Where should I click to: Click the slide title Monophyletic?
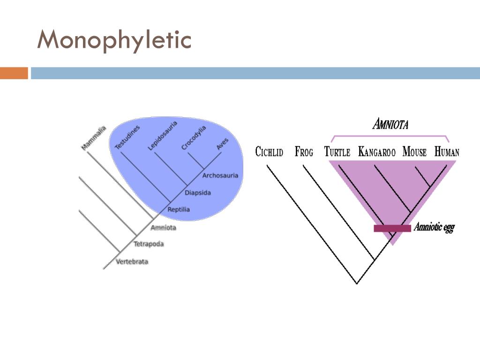tap(114, 40)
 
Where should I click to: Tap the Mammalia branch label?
tap(94, 138)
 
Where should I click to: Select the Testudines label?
tap(127, 137)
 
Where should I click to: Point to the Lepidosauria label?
tap(162, 135)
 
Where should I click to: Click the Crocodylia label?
tap(194, 138)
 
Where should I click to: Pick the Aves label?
tap(223, 143)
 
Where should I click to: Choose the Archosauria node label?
tap(220, 175)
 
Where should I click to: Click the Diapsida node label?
tap(197, 192)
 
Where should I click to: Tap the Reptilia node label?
tap(179, 209)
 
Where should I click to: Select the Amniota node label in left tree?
tap(163, 227)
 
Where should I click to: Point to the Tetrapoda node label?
tap(149, 244)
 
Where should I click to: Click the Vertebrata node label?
tap(132, 261)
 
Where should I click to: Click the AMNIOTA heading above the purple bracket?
tap(390, 124)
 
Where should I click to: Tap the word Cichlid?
tap(269, 152)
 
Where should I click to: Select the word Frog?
tap(304, 152)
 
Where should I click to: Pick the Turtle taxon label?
tap(337, 152)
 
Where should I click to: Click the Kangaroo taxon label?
tap(377, 152)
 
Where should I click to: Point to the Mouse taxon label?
tap(414, 152)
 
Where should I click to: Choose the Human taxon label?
tap(447, 152)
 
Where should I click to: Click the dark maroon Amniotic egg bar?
tap(392, 228)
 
